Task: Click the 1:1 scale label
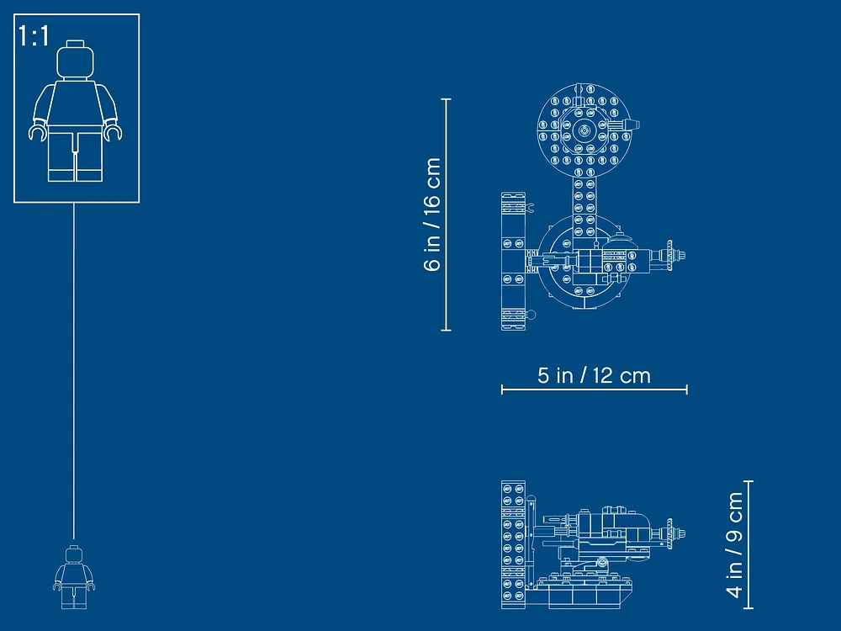34,36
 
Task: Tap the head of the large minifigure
76,60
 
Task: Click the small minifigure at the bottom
74,577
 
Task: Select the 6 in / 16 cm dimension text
432,215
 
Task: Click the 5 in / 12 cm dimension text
594,375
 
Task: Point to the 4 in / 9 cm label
734,544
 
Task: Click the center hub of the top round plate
583,130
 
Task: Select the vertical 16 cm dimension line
446,215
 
